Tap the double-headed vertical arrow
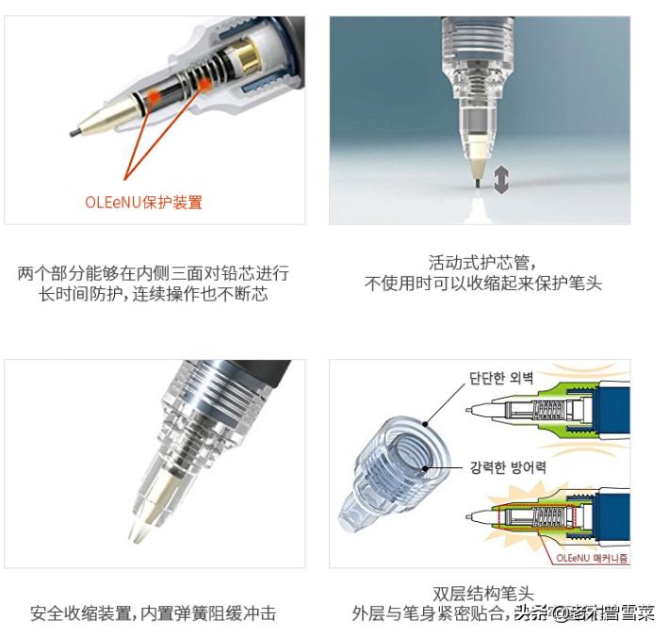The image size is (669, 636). click(x=501, y=177)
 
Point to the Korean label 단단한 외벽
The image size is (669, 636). click(x=501, y=381)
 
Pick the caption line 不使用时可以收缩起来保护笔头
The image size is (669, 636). click(x=482, y=284)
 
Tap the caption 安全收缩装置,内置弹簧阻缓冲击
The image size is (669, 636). click(x=154, y=613)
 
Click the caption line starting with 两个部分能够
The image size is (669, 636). click(x=154, y=273)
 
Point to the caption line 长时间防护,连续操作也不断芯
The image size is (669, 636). click(x=154, y=294)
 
